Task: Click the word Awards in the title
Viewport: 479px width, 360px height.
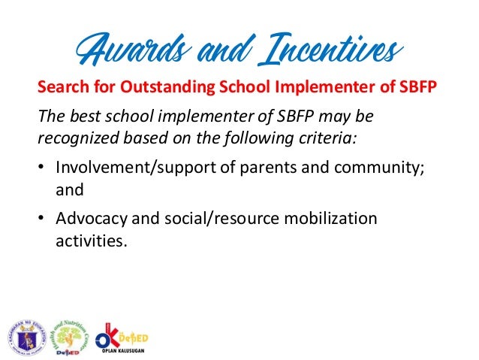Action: pos(122,50)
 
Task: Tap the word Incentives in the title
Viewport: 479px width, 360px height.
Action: pos(324,50)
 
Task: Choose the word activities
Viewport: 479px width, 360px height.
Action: pos(86,242)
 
